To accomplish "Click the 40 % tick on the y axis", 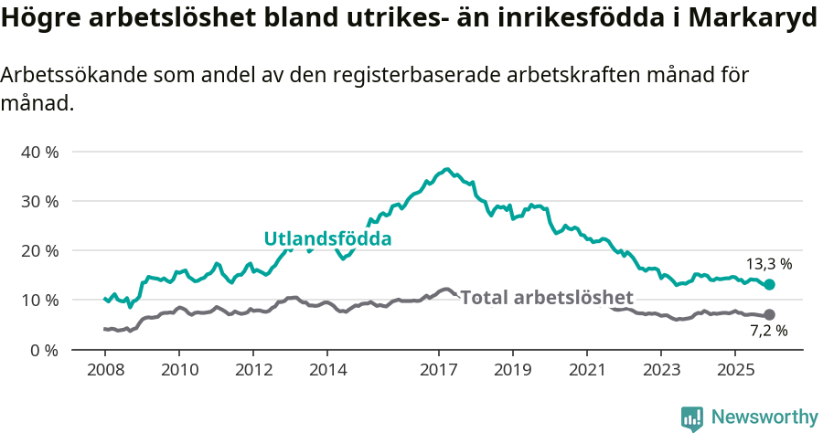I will pos(38,152).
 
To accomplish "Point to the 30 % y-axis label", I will pos(38,201).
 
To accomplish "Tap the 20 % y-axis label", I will pos(38,250).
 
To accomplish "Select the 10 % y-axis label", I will pos(38,300).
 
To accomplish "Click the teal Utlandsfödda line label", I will pos(327,239).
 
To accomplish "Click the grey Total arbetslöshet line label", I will pos(547,298).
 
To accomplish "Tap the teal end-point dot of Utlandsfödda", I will pos(769,285).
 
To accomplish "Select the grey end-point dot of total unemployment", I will pos(769,314).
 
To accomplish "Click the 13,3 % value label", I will pos(769,264).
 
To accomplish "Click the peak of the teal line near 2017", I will pos(446,170).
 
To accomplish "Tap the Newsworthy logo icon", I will pos(692,417).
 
